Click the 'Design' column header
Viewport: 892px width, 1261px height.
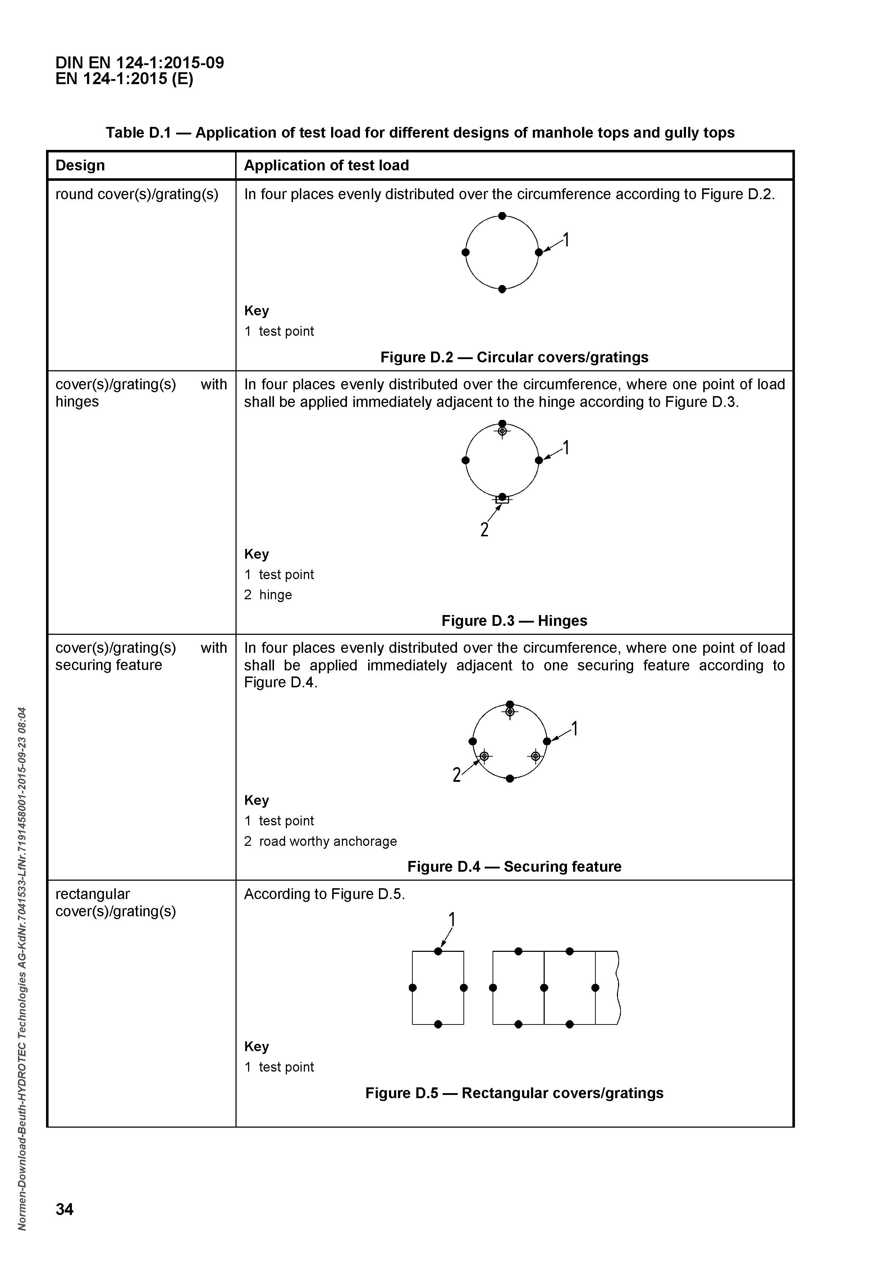pos(80,165)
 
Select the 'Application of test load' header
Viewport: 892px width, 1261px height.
pos(326,165)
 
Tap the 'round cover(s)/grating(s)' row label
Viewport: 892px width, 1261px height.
pos(137,194)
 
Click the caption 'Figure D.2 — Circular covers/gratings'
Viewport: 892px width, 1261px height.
pos(514,358)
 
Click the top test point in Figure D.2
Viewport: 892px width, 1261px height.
pos(502,216)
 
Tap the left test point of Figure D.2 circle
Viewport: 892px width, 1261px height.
pos(466,252)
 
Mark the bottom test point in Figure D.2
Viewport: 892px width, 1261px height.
pos(502,289)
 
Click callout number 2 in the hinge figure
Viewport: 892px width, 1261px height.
pos(484,529)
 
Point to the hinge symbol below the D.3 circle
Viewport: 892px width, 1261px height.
pos(502,500)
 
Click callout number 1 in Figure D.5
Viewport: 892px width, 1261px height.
pos(452,920)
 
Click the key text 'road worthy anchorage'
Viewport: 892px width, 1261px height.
pos(328,842)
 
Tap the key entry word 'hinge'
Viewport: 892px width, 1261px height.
pos(276,595)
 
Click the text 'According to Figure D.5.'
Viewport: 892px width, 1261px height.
pos(324,894)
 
